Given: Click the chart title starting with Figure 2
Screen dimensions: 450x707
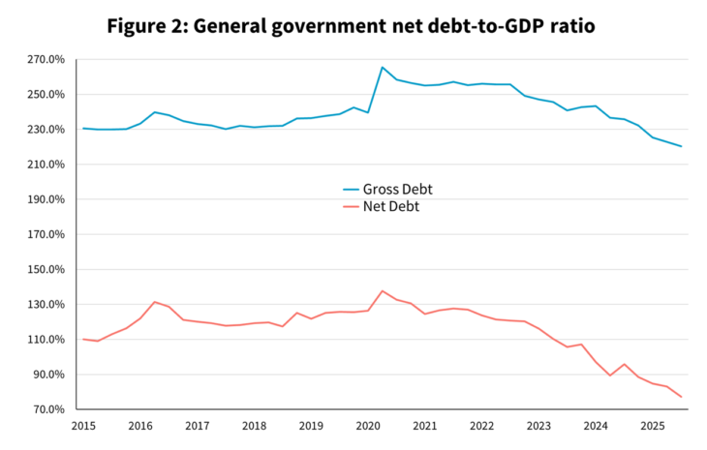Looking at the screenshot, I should click(x=351, y=25).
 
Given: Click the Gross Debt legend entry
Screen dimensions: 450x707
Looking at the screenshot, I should click(x=395, y=189).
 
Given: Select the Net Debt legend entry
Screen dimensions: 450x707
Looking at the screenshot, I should click(x=390, y=206).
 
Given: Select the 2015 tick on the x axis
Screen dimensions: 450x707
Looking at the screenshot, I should click(x=83, y=426).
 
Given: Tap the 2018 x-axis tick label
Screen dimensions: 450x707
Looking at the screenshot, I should click(x=254, y=426).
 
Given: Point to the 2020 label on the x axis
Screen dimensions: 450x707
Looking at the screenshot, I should click(x=368, y=426).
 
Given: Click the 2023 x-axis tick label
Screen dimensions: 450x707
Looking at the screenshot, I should click(x=538, y=426).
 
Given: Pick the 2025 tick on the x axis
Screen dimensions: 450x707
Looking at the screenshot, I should click(x=653, y=426).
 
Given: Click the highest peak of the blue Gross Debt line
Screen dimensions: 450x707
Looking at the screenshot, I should click(x=383, y=68).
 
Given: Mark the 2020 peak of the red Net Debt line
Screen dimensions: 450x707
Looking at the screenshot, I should click(x=383, y=290).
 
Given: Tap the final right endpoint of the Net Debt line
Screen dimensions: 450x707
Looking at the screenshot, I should click(x=681, y=397).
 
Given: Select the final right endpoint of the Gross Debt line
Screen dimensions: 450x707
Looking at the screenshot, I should click(x=681, y=146).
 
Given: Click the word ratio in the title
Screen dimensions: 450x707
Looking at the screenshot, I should click(x=569, y=25).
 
